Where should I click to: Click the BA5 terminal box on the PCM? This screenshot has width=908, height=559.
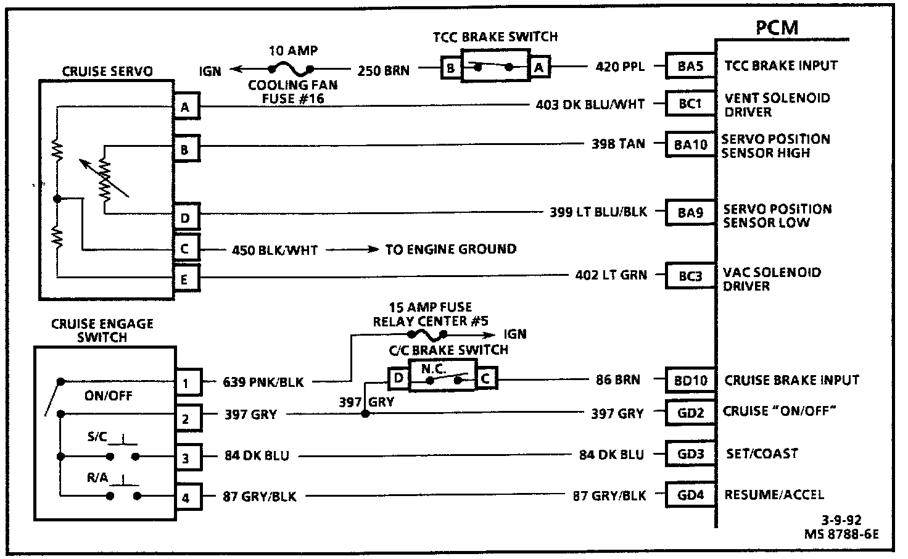point(690,66)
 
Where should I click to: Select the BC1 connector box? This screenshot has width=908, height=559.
point(690,104)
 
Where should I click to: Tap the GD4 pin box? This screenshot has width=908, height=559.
point(690,495)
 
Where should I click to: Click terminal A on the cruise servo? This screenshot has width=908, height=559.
point(184,108)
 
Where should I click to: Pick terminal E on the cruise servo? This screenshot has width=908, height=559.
point(184,279)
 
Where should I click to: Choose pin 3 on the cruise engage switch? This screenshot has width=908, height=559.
point(186,458)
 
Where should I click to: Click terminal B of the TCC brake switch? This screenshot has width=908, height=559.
point(451,67)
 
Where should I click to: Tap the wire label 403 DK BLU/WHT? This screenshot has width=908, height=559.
point(590,105)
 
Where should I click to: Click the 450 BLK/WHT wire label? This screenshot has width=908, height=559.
point(274,250)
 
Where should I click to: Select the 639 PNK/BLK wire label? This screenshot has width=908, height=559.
point(263,383)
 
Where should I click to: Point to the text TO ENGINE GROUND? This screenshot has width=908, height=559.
point(451,249)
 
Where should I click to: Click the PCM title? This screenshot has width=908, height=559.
point(776,28)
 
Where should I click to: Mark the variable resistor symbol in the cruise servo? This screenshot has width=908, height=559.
point(105,179)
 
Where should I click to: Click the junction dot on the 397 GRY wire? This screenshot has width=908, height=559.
point(365,413)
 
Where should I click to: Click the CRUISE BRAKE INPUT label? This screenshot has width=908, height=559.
point(791,380)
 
